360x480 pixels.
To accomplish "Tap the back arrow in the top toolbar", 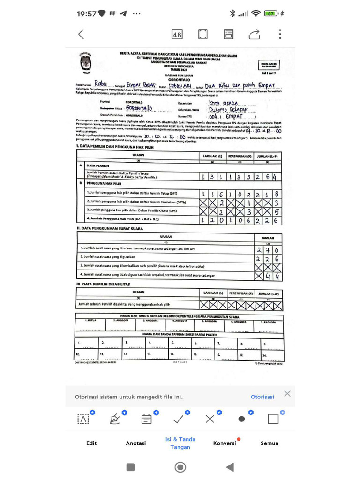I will click(x=81, y=34).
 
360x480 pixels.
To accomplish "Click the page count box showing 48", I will click(x=177, y=34).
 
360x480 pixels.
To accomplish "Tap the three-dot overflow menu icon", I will click(x=280, y=34).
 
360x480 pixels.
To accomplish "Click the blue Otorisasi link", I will click(x=262, y=397).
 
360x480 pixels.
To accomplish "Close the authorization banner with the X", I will click(x=287, y=394).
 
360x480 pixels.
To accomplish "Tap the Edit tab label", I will click(x=91, y=443).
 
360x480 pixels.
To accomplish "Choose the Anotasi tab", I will click(x=136, y=443).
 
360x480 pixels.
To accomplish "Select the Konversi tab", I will click(x=225, y=443).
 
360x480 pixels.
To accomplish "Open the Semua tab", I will click(x=270, y=443).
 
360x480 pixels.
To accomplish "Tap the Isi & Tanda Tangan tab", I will click(x=180, y=443).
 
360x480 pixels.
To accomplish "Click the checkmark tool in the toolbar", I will click(x=179, y=419).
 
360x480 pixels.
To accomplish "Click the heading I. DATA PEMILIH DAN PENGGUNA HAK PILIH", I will click(x=115, y=147).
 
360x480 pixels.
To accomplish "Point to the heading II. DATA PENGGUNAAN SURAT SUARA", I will click(x=110, y=228).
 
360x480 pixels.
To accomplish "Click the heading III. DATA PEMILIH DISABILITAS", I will click(x=104, y=284).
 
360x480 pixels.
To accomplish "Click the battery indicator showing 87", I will click(x=271, y=14).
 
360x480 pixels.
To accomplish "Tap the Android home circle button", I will click(x=180, y=467).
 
